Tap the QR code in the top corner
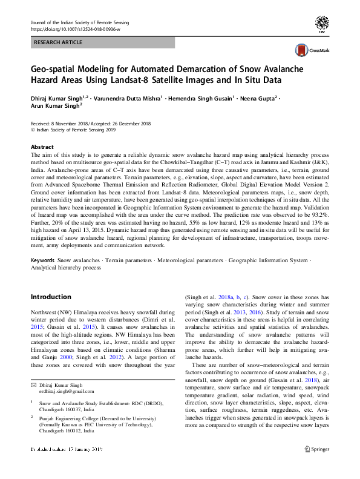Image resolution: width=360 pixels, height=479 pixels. pyautogui.click(x=322, y=24)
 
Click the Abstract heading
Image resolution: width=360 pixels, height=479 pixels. pyautogui.click(x=42, y=147)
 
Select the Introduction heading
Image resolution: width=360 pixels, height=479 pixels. pyautogui.click(x=51, y=297)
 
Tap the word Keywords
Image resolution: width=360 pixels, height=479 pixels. pyautogui.click(x=43, y=259)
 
